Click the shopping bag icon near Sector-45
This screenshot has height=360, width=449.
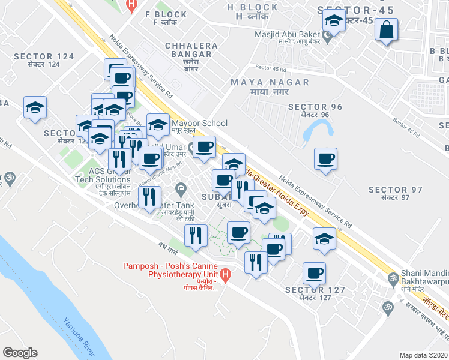tap(386, 29)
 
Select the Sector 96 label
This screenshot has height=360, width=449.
tap(315, 110)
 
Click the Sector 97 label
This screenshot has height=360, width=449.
tap(396, 193)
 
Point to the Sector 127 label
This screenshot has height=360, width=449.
tap(315, 294)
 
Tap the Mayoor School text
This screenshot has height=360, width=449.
tap(200, 124)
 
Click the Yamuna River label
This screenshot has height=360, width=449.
tap(77, 324)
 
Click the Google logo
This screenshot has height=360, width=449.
tap(20, 353)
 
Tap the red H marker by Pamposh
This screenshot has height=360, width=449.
tap(226, 276)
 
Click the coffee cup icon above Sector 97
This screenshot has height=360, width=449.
tap(326, 159)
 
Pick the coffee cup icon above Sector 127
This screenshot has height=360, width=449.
tap(314, 274)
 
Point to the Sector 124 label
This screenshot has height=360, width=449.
tap(44, 60)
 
